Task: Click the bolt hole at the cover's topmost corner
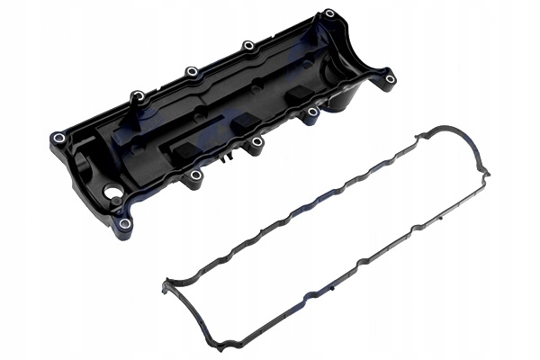[x=329, y=13]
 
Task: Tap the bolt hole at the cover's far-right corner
[x=390, y=79]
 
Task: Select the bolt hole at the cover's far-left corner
[x=58, y=138]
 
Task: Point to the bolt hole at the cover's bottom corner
[x=125, y=223]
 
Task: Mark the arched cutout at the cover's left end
[x=83, y=166]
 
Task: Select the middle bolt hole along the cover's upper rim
[x=192, y=72]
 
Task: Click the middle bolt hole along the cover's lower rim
[x=256, y=141]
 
